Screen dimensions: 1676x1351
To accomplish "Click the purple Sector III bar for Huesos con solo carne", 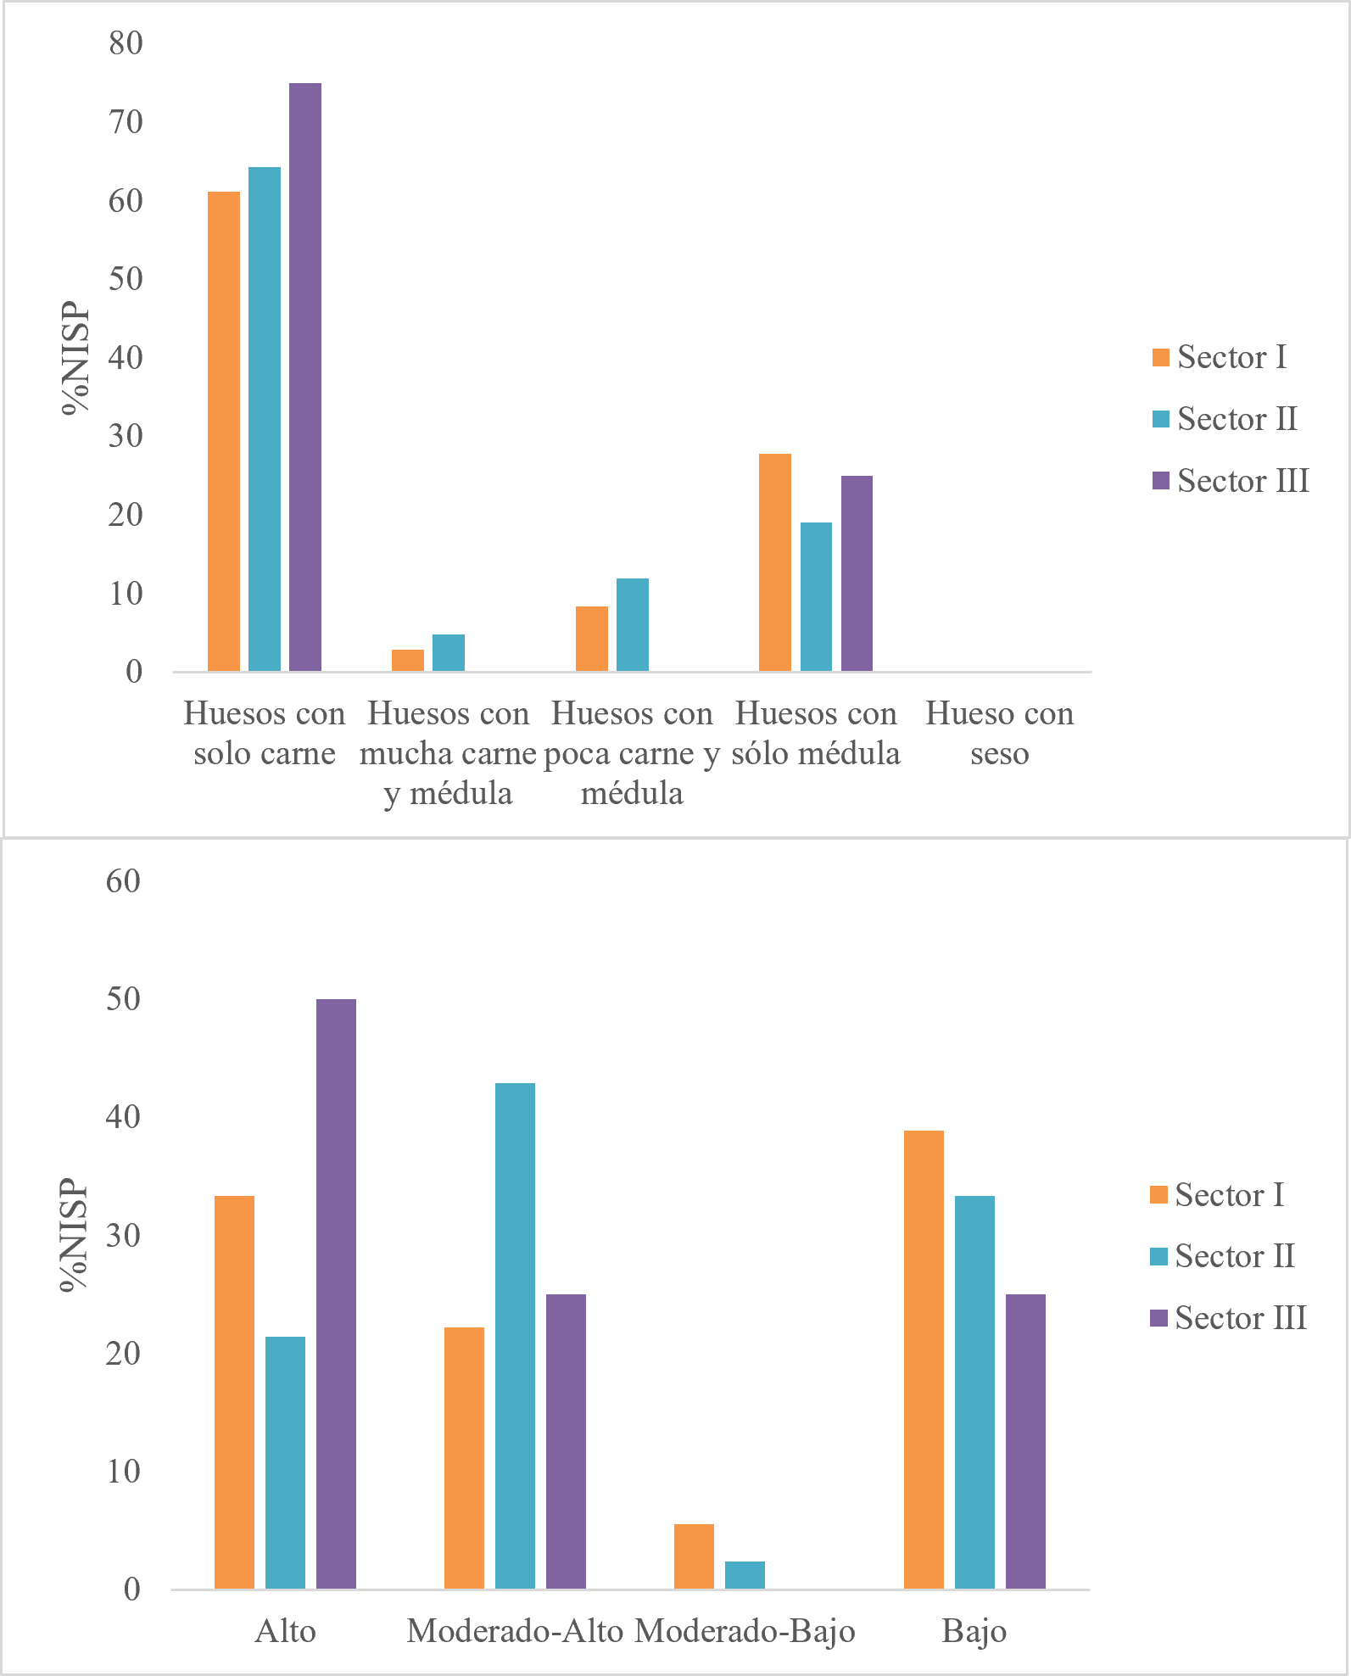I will (305, 377).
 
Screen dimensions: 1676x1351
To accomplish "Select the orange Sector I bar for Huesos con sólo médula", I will (774, 562).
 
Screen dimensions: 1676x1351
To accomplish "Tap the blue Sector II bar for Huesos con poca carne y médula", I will (632, 625).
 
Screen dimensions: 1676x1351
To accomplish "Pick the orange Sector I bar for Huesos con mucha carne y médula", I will (407, 661).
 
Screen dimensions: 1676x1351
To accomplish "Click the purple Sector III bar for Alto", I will (336, 1293).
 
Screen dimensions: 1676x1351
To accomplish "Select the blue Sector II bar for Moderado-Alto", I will (515, 1336).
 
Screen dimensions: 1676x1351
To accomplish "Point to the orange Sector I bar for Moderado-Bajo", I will (694, 1556).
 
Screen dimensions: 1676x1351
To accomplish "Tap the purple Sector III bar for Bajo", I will (1025, 1441).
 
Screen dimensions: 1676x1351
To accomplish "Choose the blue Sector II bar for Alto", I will (285, 1462).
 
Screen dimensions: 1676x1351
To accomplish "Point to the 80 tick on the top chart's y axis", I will (126, 43).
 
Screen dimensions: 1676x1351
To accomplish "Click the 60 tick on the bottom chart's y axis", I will (123, 881).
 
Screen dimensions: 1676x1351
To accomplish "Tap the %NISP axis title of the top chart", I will (76, 357).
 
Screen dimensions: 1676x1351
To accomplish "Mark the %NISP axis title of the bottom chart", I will (75, 1235).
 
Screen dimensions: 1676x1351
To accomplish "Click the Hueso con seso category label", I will (999, 733).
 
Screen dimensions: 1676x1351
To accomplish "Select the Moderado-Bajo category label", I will (745, 1631).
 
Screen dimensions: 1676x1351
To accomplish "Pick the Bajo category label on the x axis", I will (974, 1631).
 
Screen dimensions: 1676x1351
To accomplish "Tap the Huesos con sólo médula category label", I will (815, 733).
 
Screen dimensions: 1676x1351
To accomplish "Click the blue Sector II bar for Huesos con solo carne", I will (265, 419).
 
